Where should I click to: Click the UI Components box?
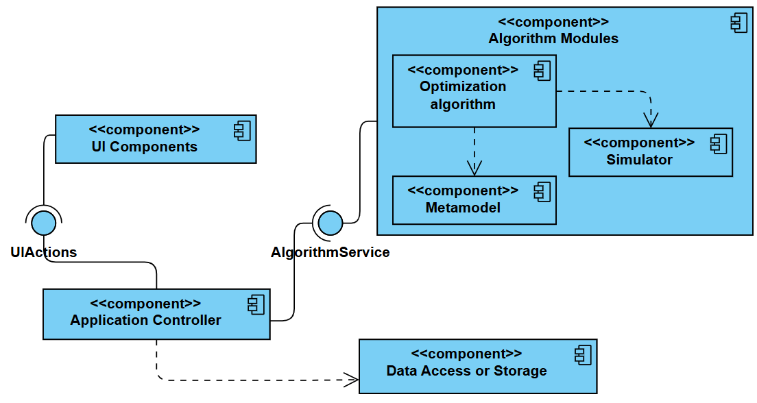155,139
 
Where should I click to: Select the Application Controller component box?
156,314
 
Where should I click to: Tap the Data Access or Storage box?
477,366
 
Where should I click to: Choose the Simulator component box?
650,152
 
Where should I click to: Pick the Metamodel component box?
473,200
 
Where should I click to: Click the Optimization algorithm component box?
473,92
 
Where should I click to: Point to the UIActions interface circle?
44,222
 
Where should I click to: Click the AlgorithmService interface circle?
330,222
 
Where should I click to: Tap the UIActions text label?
43,252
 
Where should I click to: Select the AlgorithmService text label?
330,252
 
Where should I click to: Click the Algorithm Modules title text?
553,38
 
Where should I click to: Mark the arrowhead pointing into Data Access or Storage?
352,378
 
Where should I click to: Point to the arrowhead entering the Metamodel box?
474,169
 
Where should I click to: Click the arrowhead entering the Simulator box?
651,121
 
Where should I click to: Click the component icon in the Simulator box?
718,143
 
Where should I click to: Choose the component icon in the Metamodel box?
542,191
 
